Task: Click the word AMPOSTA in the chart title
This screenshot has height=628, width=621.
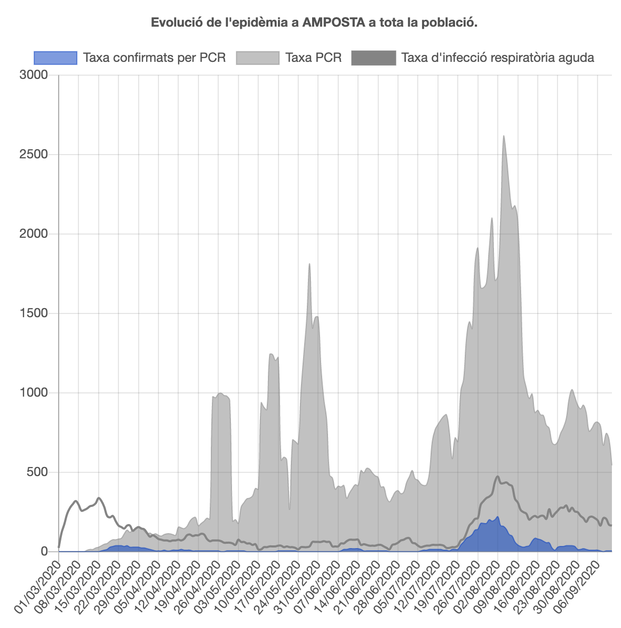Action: point(329,22)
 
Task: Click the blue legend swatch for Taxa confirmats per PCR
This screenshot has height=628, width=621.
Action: point(55,58)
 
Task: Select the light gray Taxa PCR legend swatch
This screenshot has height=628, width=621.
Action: point(258,58)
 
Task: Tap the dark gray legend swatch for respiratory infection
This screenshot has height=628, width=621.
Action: point(373,58)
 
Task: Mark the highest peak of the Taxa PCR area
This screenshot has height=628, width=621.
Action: point(504,136)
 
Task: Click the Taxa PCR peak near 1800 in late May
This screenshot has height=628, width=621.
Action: point(309,264)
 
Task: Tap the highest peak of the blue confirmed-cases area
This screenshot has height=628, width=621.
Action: point(498,517)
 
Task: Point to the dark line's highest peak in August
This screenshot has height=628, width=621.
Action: point(498,477)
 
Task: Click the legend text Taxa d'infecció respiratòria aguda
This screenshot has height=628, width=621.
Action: point(497,58)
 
